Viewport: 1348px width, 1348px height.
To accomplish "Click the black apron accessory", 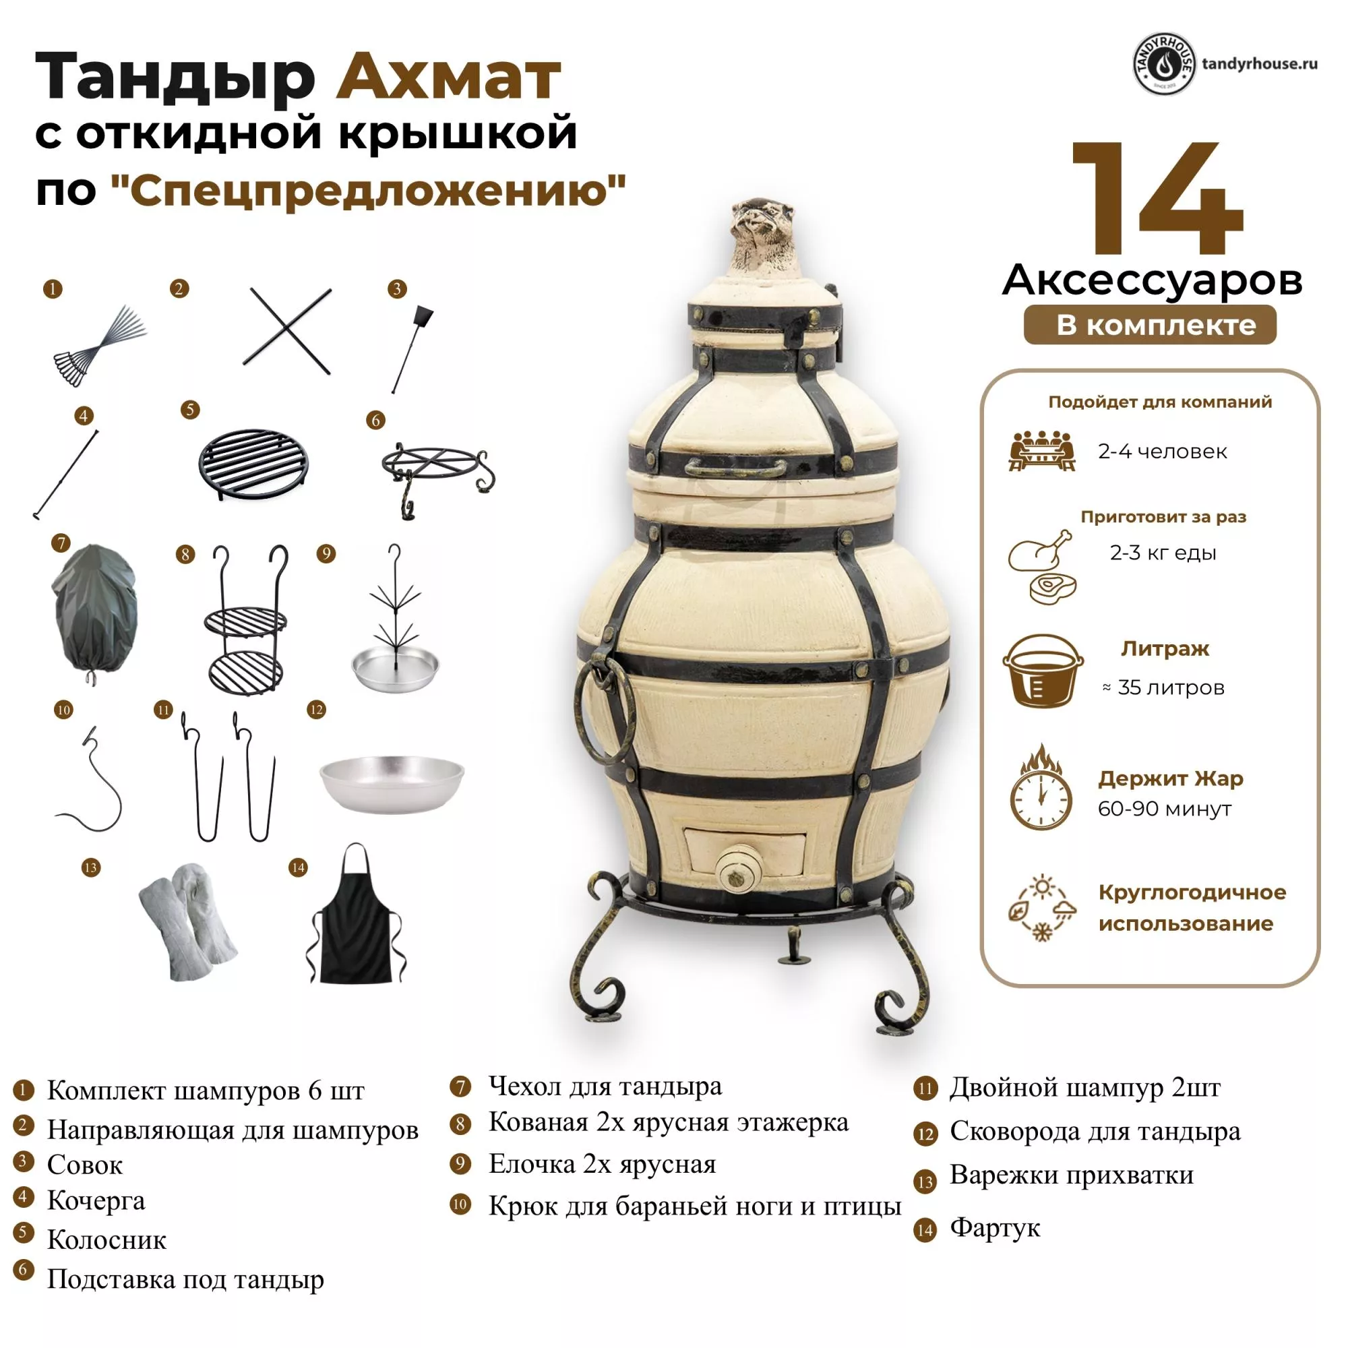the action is [x=356, y=921].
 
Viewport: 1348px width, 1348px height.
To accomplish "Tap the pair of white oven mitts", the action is [x=189, y=921].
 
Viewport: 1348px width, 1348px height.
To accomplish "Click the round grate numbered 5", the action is [x=254, y=462].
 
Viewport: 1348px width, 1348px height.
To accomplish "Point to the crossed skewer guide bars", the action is [x=286, y=331].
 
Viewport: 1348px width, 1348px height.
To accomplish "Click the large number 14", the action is [x=1157, y=198].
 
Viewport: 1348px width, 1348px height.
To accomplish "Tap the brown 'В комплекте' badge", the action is [x=1150, y=325].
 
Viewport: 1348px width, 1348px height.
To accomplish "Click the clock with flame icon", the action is [x=1040, y=787].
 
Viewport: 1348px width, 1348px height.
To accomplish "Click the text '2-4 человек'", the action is [x=1163, y=452].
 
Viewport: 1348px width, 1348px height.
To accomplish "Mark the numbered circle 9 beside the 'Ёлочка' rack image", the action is [x=326, y=554].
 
